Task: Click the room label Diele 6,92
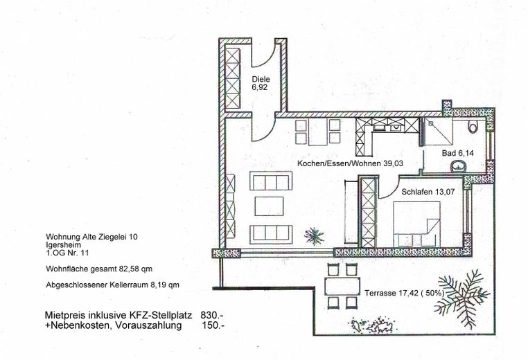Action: tap(260, 84)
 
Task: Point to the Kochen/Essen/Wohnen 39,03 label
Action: tap(350, 163)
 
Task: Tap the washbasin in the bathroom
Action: tap(458, 166)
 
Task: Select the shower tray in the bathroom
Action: tap(437, 131)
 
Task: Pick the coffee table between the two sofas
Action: tap(270, 206)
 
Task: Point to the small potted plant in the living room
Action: tap(315, 235)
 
